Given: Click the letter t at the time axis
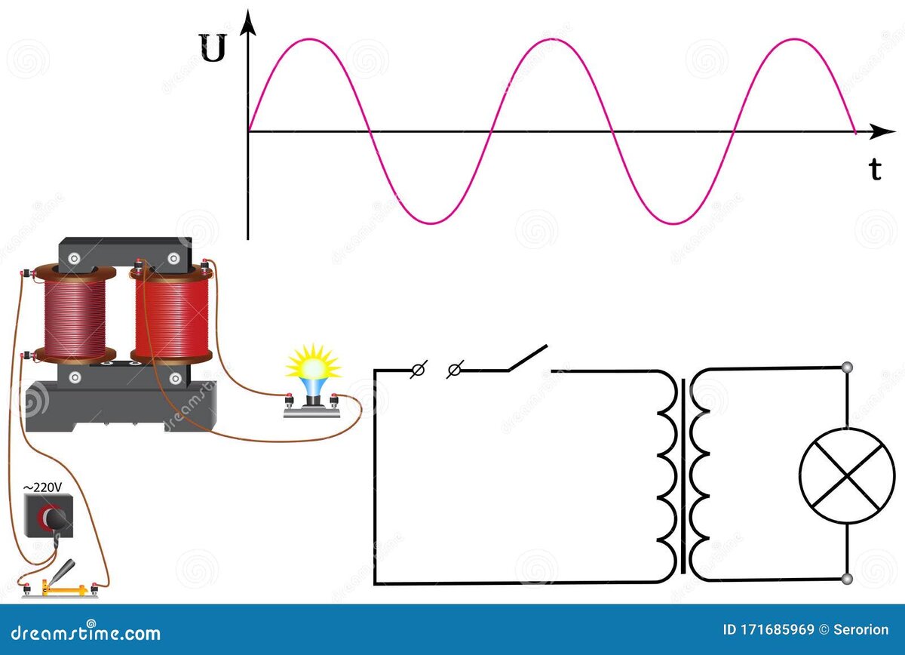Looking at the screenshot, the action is tap(875, 171).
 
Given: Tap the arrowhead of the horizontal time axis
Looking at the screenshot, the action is tap(876, 132).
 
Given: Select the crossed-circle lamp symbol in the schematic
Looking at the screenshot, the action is tap(846, 473).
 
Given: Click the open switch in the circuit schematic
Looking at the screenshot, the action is tap(527, 360).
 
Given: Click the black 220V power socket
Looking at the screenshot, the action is tap(49, 516).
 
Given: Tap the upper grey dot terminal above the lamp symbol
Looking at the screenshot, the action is tap(847, 368).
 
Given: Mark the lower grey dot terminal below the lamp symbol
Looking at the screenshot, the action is tap(847, 579).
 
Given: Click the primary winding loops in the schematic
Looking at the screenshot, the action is tap(667, 475).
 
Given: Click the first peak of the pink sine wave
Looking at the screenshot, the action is tap(308, 39).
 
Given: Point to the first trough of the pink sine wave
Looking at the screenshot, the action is tap(431, 223).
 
